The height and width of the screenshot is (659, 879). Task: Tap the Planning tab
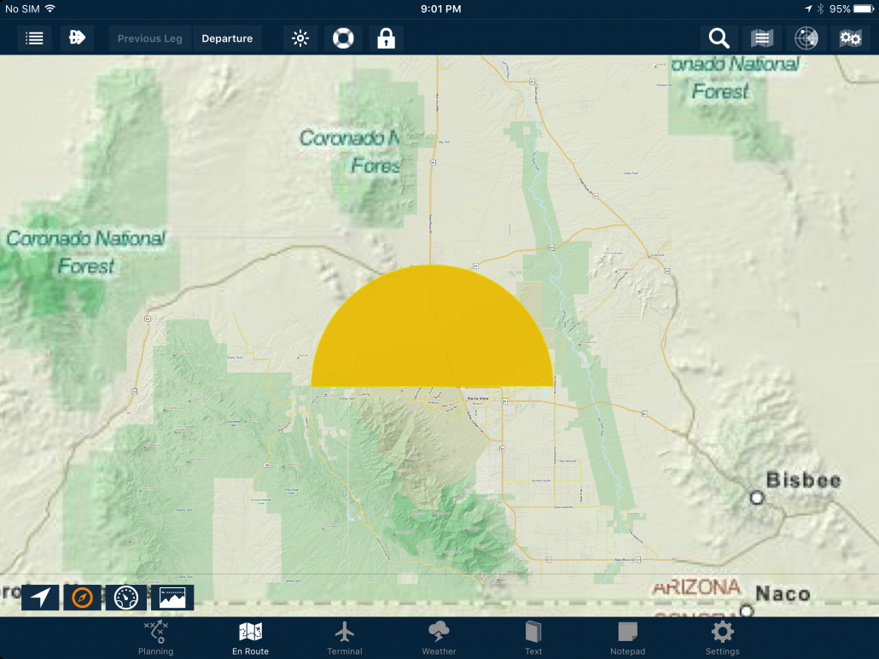[155, 639]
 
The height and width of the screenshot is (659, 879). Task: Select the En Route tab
[250, 639]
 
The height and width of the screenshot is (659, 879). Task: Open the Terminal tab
[345, 639]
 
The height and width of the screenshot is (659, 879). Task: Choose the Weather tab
[439, 639]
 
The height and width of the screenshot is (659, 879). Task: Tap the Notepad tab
[627, 639]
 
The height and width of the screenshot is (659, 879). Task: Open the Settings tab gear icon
[722, 633]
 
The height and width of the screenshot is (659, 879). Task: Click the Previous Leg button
[150, 38]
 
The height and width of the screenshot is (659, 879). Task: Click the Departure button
[227, 38]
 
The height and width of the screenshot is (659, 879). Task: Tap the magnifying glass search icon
[719, 38]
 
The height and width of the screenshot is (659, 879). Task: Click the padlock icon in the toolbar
[386, 38]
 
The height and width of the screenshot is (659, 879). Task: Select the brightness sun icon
[300, 38]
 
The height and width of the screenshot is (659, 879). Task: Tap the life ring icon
[343, 38]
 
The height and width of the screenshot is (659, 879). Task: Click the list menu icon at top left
[35, 38]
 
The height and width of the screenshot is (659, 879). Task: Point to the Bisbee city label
[803, 480]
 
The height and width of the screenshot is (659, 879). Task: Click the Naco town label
[783, 593]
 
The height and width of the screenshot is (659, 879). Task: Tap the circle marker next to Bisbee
[756, 497]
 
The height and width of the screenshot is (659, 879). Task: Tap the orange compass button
[83, 598]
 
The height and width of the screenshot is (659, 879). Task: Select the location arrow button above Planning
[40, 598]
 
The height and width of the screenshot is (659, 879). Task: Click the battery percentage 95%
[840, 9]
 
